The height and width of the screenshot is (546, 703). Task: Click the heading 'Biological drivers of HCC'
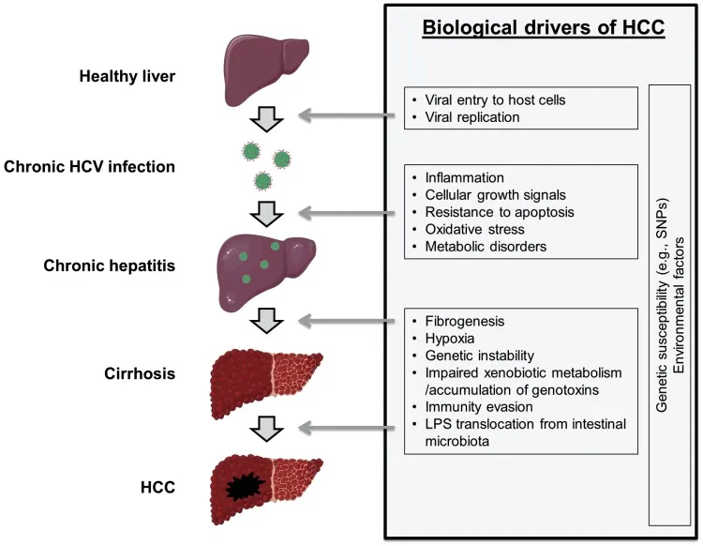click(x=544, y=27)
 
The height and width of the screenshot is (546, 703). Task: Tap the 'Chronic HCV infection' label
click(x=89, y=168)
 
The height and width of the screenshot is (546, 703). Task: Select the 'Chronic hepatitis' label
click(x=109, y=265)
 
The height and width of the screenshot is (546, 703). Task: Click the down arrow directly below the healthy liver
click(x=269, y=119)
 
